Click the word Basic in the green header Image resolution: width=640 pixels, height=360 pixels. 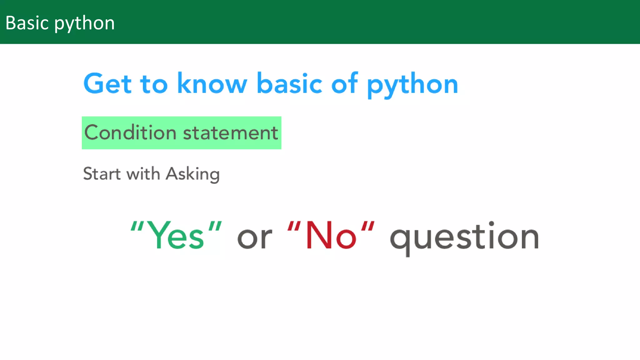coord(27,23)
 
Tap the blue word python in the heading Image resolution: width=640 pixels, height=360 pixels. coord(412,85)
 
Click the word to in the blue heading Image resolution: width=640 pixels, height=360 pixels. coord(154,84)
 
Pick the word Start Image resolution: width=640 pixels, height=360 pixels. coord(102,174)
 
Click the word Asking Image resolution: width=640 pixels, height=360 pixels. coord(193,174)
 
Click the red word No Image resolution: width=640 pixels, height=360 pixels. coord(331,236)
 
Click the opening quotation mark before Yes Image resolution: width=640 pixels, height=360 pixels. coord(137,226)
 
